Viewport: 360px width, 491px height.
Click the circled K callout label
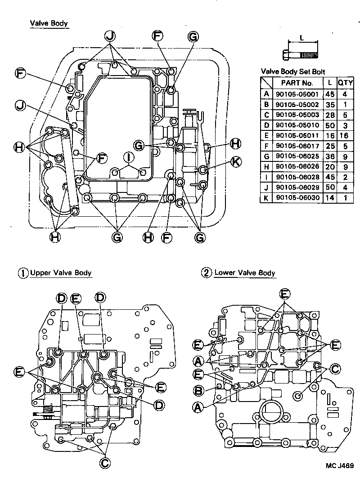point(235,161)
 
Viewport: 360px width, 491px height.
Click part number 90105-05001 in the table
point(297,94)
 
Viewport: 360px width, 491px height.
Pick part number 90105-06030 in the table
point(297,197)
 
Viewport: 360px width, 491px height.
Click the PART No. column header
point(297,83)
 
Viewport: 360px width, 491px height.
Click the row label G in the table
point(266,156)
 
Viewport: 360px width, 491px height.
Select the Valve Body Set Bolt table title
point(293,71)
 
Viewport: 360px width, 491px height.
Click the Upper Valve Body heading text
point(61,272)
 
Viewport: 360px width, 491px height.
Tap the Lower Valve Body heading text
point(245,272)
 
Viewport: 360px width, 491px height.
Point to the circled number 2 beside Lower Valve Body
point(206,272)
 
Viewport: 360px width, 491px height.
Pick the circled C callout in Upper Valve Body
point(104,463)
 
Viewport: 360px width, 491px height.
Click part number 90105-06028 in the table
point(297,177)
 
